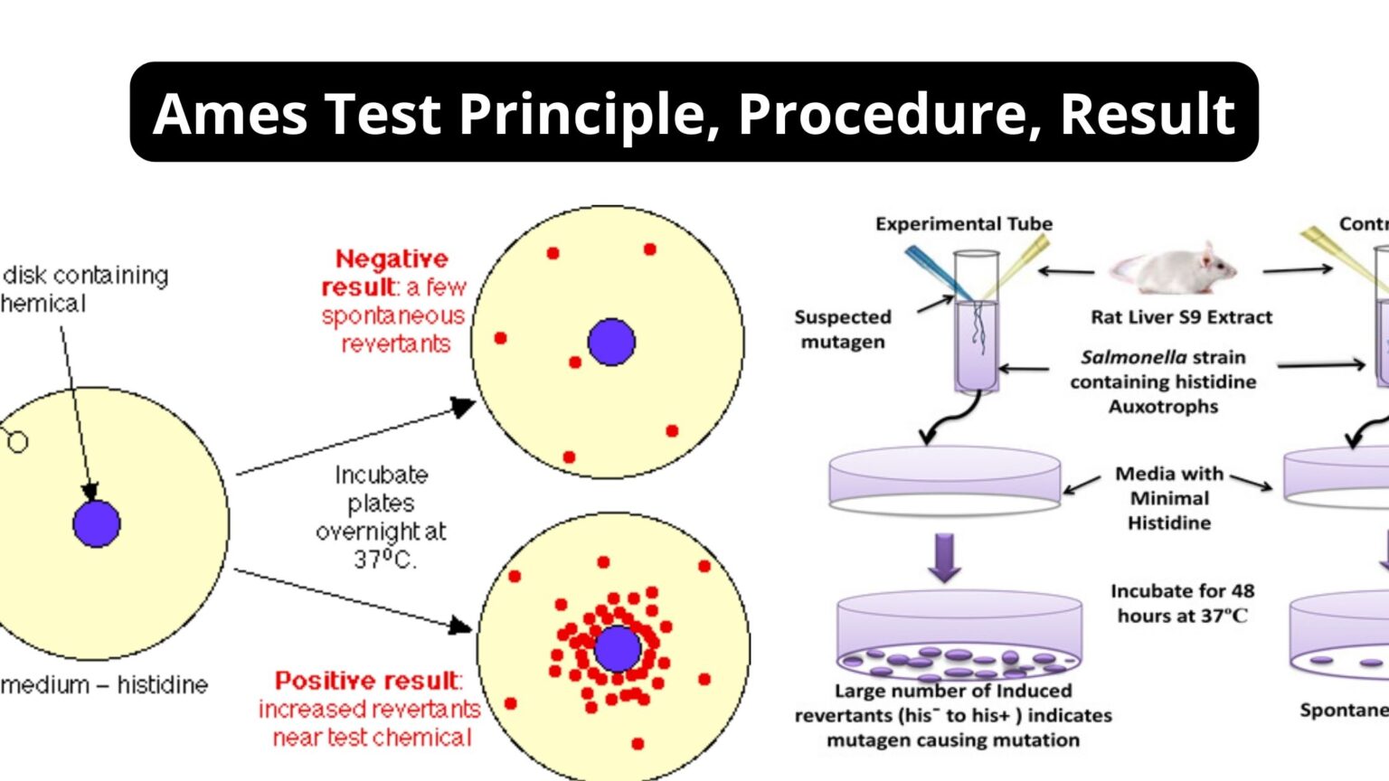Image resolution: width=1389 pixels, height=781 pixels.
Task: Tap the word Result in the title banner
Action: [x=1146, y=114]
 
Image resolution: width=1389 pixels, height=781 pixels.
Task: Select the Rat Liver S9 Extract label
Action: [x=1181, y=317]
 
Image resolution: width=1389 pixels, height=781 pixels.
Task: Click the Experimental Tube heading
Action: [x=963, y=224]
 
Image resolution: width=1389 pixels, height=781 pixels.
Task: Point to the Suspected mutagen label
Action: [x=843, y=329]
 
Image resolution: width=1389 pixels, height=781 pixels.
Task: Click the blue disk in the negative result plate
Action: [x=611, y=342]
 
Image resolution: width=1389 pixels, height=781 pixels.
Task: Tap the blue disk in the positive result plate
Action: [x=618, y=648]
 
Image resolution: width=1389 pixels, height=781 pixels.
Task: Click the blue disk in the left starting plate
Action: [x=97, y=523]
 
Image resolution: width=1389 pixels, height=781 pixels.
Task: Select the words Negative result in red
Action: [x=392, y=273]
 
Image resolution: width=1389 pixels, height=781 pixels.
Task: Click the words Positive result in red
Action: [x=368, y=681]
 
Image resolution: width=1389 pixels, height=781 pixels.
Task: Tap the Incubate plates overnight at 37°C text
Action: [x=381, y=517]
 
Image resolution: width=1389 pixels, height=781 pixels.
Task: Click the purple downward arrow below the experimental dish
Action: [x=945, y=556]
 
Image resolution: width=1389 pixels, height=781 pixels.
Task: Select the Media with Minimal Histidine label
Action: [x=1169, y=498]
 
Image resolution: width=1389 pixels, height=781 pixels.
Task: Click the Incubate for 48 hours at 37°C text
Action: [x=1182, y=603]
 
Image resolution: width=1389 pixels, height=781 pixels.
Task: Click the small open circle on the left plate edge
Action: [x=17, y=442]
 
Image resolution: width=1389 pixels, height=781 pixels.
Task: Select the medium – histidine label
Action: [x=104, y=685]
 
